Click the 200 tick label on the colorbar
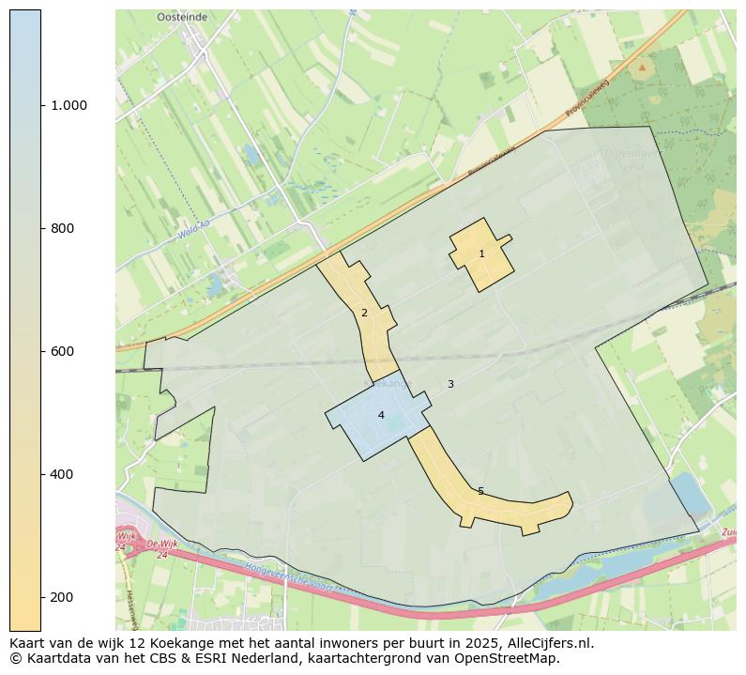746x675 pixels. point(63,597)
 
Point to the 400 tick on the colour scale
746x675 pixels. point(63,474)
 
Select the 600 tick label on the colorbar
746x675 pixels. point(63,351)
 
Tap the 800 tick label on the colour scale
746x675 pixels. point(63,228)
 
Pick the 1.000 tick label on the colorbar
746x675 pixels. point(69,105)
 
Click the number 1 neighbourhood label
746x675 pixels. point(481,253)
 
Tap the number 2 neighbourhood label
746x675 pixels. point(364,313)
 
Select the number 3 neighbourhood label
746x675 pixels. point(450,384)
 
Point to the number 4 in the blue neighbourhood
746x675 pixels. point(381,415)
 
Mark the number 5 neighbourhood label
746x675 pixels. point(480,491)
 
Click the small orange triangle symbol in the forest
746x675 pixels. point(642,68)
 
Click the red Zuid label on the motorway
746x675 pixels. point(728,532)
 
